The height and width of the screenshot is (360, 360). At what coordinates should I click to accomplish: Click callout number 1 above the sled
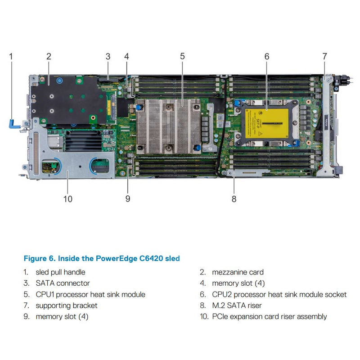pyautogui.click(x=11, y=56)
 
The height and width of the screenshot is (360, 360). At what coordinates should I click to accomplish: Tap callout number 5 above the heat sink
pyautogui.click(x=182, y=56)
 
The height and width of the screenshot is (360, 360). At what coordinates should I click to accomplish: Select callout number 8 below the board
pyautogui.click(x=234, y=198)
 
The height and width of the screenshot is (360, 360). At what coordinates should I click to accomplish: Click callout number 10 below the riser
pyautogui.click(x=68, y=198)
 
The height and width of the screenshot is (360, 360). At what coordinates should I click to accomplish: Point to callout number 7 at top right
pyautogui.click(x=324, y=56)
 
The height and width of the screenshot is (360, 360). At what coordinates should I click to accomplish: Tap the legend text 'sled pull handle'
pyautogui.click(x=60, y=272)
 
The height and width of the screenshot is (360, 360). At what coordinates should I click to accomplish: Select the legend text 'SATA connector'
pyautogui.click(x=63, y=283)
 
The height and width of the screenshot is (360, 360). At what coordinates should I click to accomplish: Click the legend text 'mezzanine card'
pyautogui.click(x=238, y=272)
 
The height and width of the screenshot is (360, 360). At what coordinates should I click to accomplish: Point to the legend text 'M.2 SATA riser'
pyautogui.click(x=237, y=306)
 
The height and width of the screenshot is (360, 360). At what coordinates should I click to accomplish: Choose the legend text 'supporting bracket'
pyautogui.click(x=66, y=306)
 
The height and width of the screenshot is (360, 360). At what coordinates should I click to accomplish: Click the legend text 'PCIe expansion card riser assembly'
pyautogui.click(x=269, y=317)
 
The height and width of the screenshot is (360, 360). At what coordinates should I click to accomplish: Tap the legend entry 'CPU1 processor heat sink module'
pyautogui.click(x=90, y=294)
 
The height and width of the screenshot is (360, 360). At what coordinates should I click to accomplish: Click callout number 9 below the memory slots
pyautogui.click(x=128, y=198)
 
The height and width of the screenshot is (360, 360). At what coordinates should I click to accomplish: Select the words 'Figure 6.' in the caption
pyautogui.click(x=40, y=258)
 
